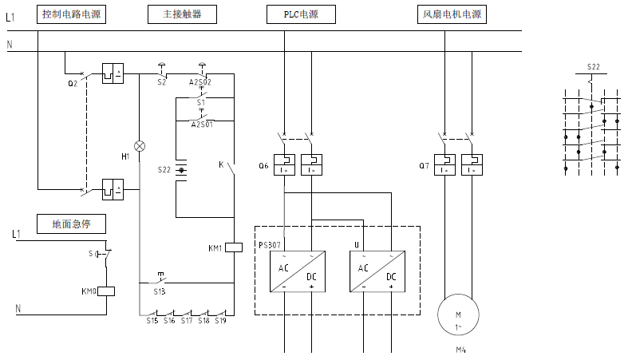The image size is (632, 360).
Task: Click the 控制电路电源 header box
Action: [72, 14]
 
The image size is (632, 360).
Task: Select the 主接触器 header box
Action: [181, 14]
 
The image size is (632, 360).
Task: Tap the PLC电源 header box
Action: [301, 14]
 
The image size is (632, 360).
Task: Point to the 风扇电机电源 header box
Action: [452, 14]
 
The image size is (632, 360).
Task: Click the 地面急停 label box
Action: [72, 224]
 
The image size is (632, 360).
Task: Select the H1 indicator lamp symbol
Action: [140, 146]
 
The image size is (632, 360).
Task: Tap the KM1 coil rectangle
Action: [234, 247]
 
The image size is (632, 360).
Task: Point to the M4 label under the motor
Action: [460, 350]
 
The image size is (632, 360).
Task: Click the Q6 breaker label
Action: [263, 166]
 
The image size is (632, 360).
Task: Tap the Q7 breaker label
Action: [424, 166]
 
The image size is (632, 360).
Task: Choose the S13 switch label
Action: [160, 291]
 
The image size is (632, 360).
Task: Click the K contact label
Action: [221, 164]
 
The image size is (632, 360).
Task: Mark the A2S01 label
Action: [201, 125]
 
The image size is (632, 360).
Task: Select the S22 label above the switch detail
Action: [594, 66]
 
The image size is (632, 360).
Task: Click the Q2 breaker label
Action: [73, 82]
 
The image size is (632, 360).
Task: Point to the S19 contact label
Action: [220, 321]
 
